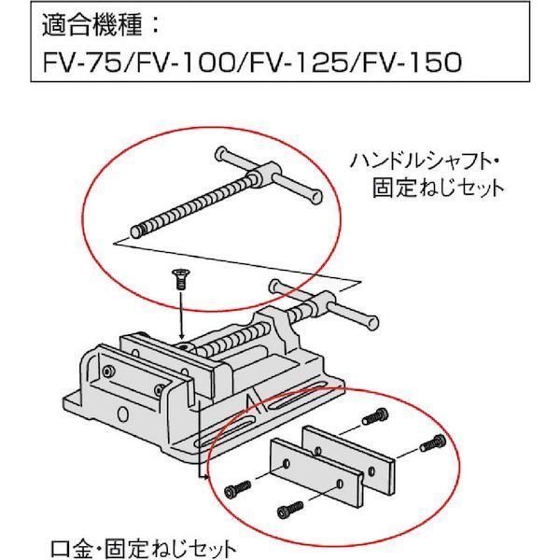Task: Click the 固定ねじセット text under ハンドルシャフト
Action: point(436,187)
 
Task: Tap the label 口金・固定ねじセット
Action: point(140,544)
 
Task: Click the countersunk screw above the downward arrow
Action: point(175,276)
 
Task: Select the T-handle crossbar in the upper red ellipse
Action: point(271,174)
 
